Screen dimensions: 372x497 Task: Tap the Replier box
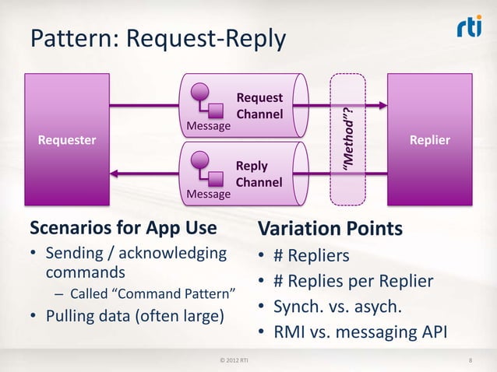pyautogui.click(x=429, y=140)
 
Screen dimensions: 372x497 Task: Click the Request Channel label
pyautogui.click(x=259, y=107)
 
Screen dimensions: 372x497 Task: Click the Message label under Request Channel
pyautogui.click(x=206, y=126)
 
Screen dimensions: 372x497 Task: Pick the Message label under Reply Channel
pyautogui.click(x=206, y=193)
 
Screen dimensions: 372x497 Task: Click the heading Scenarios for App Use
pyautogui.click(x=122, y=229)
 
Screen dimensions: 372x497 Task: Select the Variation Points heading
pyautogui.click(x=330, y=230)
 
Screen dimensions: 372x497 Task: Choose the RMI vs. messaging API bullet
pyautogui.click(x=360, y=333)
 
